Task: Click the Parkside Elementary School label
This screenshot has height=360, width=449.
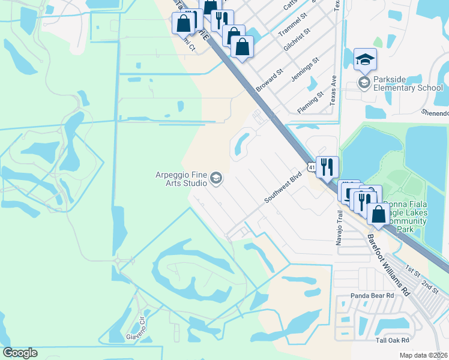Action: coord(408,83)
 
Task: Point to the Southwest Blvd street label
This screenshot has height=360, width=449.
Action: coord(282,188)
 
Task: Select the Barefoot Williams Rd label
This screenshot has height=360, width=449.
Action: coord(388,264)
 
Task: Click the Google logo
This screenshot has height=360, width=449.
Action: coord(20,353)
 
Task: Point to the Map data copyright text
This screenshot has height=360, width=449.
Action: coord(424,355)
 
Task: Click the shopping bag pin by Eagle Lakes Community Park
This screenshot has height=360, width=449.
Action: coord(378,215)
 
